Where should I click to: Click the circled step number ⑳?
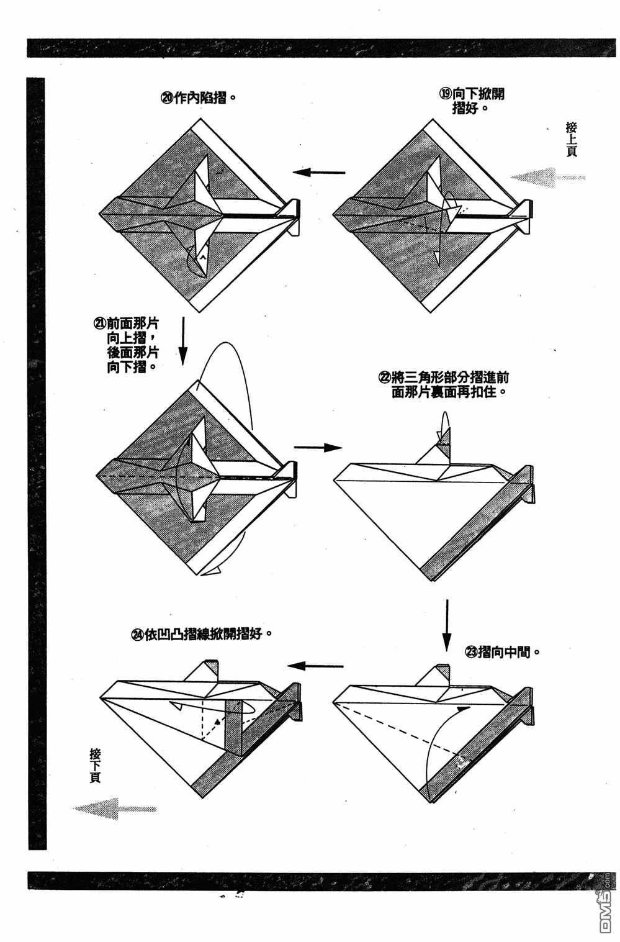[168, 98]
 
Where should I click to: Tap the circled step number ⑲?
[446, 93]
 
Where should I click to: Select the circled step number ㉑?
[100, 324]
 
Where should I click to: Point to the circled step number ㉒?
[385, 377]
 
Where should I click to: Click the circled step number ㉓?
[471, 652]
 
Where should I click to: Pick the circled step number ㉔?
[137, 634]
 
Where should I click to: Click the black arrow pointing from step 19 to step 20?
[319, 172]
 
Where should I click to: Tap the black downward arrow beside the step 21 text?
[183, 342]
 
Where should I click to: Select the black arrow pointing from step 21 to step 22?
[318, 448]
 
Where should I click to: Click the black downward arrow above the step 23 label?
[447, 625]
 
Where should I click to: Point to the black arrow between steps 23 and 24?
[315, 666]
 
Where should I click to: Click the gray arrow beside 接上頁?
[548, 178]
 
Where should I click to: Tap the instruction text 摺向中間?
[503, 652]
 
